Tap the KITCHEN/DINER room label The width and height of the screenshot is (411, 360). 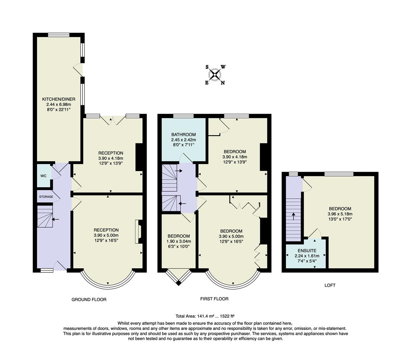[x=59, y=99]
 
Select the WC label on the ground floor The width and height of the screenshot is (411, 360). [x=44, y=176]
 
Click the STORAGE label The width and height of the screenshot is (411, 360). [x=46, y=197]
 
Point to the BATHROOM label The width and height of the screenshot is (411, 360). [x=183, y=135]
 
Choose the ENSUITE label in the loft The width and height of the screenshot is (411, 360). [x=307, y=251]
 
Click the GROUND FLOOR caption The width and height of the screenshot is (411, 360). [x=89, y=299]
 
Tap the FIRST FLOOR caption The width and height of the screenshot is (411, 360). [x=214, y=299]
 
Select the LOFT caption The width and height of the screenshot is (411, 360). [x=330, y=285]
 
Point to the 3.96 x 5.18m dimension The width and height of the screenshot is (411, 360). [x=340, y=214]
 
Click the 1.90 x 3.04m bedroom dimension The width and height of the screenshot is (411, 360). [x=179, y=241]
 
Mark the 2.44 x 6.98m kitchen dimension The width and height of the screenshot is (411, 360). [x=59, y=104]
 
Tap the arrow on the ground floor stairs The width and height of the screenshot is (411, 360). [x=55, y=219]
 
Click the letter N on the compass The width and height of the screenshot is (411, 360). [x=223, y=83]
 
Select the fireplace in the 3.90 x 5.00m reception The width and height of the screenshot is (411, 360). [x=138, y=232]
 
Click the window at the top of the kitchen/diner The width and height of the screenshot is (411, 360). [x=59, y=35]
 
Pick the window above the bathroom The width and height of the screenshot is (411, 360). [x=183, y=116]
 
